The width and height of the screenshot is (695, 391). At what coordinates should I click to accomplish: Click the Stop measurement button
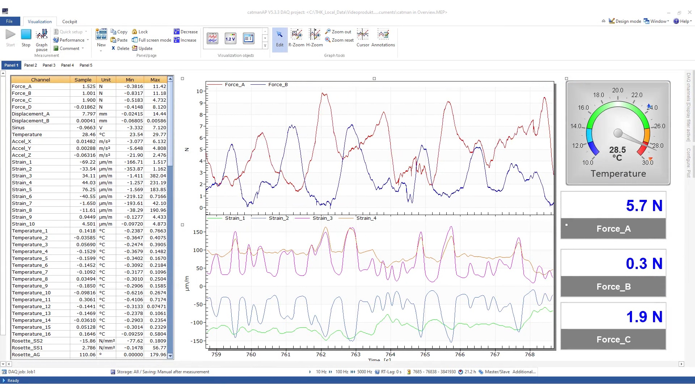[x=26, y=38]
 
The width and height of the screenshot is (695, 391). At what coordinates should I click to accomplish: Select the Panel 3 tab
[x=49, y=65]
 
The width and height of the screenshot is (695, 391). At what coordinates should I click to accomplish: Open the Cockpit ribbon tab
[x=69, y=22]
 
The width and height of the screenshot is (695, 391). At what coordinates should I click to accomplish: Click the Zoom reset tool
[x=340, y=40]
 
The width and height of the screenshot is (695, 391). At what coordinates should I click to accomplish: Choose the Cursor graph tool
[x=363, y=38]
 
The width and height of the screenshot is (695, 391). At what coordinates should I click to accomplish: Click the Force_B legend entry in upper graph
[x=278, y=85]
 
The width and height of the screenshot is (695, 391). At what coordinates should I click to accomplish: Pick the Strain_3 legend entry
[x=322, y=218]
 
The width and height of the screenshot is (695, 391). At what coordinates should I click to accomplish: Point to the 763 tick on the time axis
[x=355, y=354]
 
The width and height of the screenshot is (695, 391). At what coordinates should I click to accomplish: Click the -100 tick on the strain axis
[x=198, y=323]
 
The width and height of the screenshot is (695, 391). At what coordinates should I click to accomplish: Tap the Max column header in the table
[x=155, y=80]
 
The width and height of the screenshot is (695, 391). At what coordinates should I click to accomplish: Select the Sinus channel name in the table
[x=18, y=128]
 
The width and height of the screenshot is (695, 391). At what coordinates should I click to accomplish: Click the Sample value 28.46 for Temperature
[x=89, y=135]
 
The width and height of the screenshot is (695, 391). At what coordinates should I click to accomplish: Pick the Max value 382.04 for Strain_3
[x=158, y=176]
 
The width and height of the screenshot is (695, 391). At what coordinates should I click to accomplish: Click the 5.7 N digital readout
[x=644, y=206]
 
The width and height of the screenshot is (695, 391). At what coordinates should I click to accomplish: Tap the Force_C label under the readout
[x=613, y=340]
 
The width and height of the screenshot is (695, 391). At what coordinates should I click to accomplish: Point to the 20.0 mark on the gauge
[x=618, y=90]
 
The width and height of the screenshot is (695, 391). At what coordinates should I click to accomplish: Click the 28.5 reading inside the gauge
[x=618, y=150]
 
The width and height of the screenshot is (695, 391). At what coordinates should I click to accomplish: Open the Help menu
[x=683, y=21]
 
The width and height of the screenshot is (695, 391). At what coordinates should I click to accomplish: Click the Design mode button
[x=625, y=21]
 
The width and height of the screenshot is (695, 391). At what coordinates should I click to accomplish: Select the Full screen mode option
[x=152, y=40]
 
